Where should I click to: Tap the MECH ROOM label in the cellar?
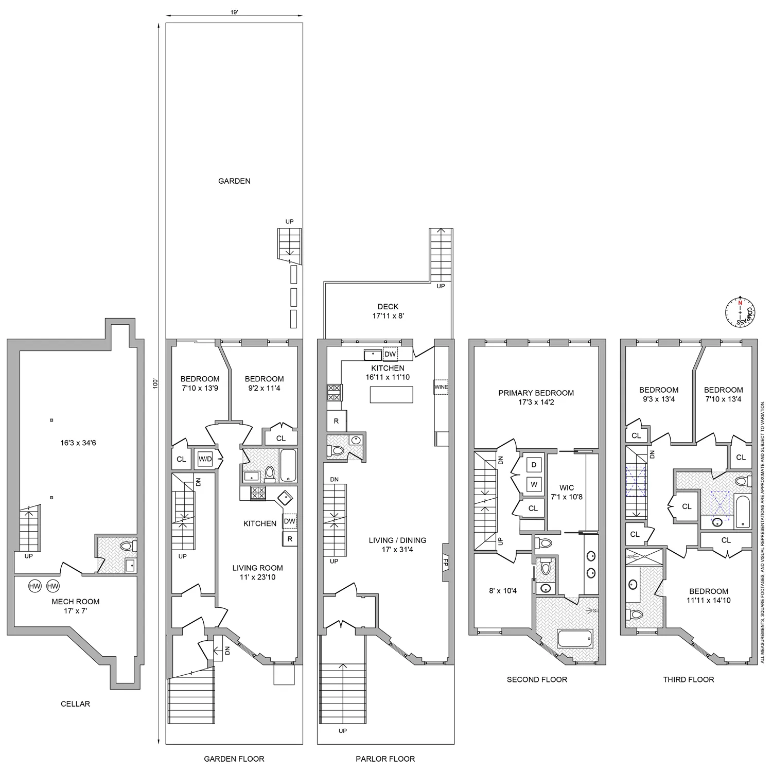(75, 601)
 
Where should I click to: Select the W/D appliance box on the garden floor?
(205, 459)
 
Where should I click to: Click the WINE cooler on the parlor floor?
(441, 387)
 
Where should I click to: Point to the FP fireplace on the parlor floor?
(446, 564)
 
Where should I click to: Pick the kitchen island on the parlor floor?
(391, 394)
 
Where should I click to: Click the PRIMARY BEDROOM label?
(536, 393)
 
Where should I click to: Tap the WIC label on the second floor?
(566, 487)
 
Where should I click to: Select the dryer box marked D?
(534, 465)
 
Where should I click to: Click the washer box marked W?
(534, 484)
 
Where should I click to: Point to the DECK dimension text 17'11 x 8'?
(388, 316)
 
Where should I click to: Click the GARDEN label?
(234, 181)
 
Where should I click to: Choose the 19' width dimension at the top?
(234, 12)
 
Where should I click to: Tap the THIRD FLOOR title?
(688, 679)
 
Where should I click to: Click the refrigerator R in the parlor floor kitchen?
(336, 421)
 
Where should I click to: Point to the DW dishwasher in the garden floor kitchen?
(289, 521)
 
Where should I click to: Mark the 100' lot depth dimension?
(156, 383)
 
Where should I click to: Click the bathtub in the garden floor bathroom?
(288, 465)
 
